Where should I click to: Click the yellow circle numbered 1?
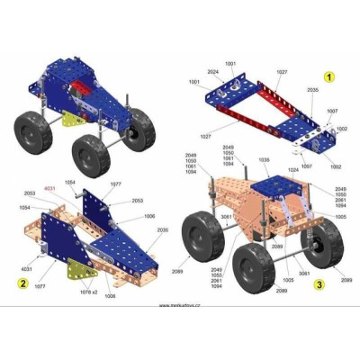tap(329, 77)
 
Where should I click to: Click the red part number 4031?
tap(50, 187)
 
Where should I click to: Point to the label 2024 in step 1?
tap(212, 72)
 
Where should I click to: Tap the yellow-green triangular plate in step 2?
tap(79, 270)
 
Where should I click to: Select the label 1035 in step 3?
tap(264, 160)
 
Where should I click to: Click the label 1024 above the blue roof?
tap(292, 168)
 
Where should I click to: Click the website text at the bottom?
tap(180, 305)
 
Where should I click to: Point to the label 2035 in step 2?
tap(162, 230)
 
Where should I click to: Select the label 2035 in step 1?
tap(312, 90)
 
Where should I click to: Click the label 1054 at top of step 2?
tap(69, 183)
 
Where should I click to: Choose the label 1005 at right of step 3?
tap(339, 217)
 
